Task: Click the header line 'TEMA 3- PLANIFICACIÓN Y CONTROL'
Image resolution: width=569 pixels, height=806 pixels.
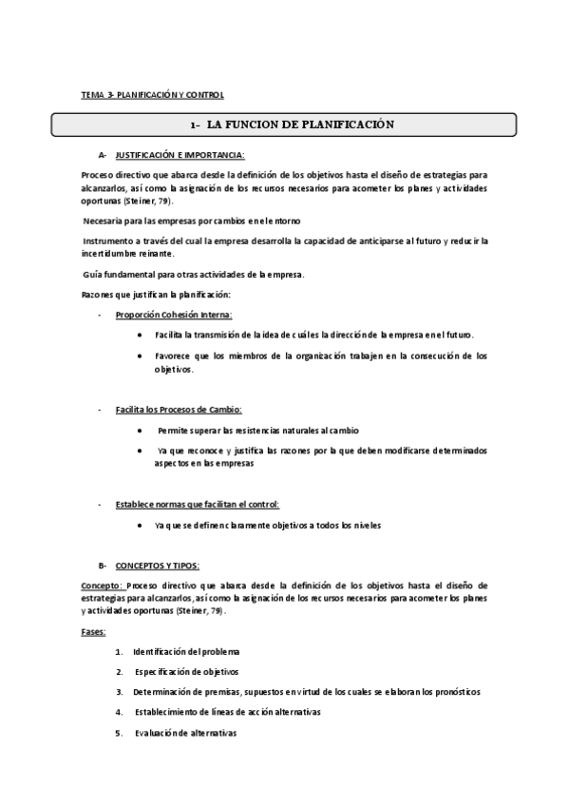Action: (152, 95)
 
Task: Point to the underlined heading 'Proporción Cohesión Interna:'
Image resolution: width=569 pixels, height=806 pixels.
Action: (173, 315)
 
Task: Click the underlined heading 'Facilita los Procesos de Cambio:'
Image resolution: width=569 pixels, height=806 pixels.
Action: (178, 410)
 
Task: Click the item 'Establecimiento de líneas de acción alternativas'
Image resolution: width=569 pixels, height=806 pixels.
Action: (227, 712)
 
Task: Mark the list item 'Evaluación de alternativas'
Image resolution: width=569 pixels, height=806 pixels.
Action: (185, 733)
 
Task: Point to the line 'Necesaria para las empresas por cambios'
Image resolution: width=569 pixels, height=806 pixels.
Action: (191, 221)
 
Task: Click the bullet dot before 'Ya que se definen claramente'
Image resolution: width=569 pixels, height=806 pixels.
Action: (141, 526)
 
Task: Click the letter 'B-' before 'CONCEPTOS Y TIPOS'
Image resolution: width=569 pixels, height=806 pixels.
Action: (103, 565)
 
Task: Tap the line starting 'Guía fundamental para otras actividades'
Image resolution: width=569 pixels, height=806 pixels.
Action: (193, 275)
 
